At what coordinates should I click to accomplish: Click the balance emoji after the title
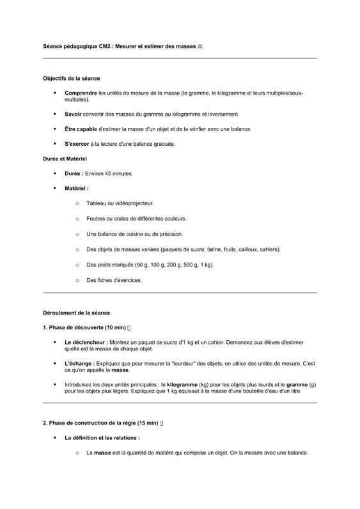200,46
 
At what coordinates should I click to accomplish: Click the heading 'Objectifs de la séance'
71,79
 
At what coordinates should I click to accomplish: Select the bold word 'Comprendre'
81,93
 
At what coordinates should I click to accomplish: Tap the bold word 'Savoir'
74,114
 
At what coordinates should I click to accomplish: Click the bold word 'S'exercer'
77,144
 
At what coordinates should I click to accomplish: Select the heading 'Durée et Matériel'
65,158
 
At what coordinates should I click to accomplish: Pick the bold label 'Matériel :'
77,189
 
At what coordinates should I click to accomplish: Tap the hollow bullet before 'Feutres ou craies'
77,219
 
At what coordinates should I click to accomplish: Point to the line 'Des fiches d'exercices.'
114,280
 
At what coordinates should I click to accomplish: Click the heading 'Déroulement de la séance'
76,313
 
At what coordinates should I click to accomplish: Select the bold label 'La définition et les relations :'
102,438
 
